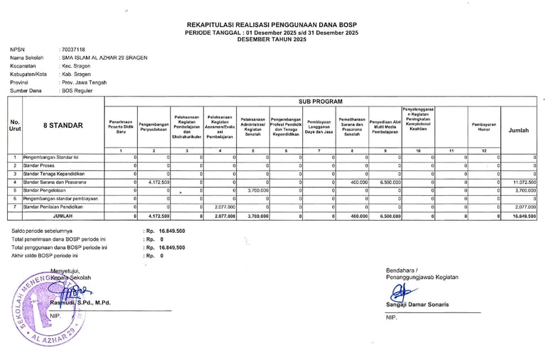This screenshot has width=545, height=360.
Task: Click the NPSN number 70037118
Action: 72,49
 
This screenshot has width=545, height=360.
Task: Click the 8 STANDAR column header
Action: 62,126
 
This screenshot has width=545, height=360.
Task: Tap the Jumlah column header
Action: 519,131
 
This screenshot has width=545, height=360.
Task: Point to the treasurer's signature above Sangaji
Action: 407,290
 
